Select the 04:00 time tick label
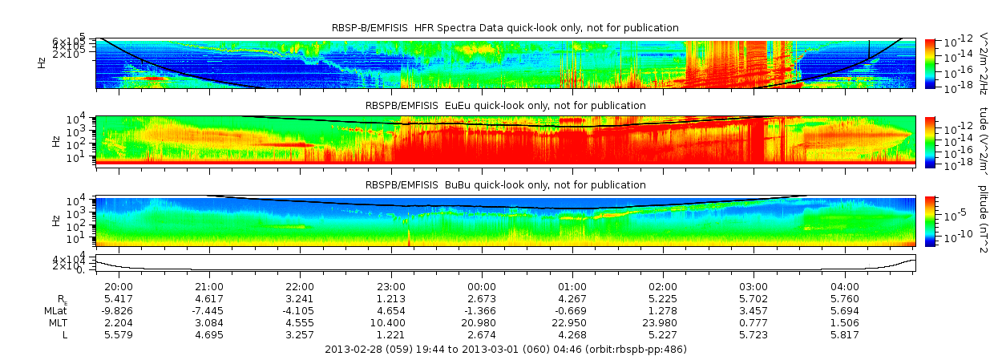tap(845, 286)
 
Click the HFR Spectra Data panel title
tap(505, 28)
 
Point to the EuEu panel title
tap(505, 105)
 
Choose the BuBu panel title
tap(505, 184)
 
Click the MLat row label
tap(55, 310)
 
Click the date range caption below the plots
tap(505, 350)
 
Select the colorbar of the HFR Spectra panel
tap(930, 63)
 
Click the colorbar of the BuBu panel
tap(930, 220)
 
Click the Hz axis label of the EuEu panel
tap(56, 141)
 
